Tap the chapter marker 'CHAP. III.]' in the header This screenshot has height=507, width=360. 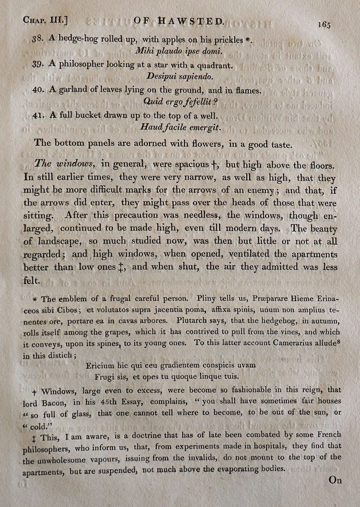click(48, 20)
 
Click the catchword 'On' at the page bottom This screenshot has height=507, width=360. click(336, 480)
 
